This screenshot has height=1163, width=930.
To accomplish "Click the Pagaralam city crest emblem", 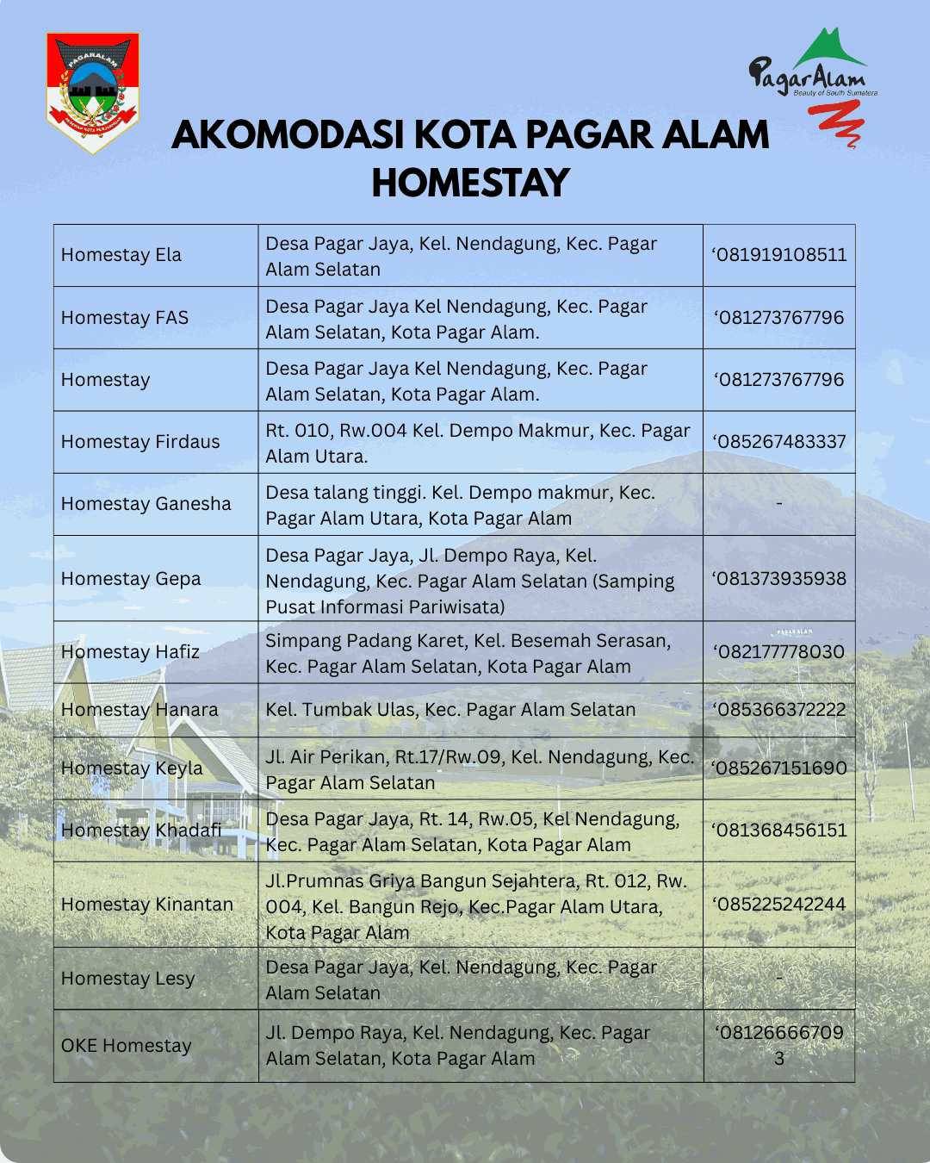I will click(x=92, y=92).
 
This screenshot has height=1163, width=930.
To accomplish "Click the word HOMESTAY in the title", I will click(x=470, y=183).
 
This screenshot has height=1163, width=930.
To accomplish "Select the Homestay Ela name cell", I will click(x=121, y=255).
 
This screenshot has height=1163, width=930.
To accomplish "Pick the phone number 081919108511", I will click(x=779, y=255).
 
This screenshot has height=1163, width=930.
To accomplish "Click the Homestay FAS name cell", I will click(x=125, y=318).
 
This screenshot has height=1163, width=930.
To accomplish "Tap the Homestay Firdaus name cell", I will click(x=140, y=442).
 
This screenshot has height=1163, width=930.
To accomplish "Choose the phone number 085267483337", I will click(x=779, y=442).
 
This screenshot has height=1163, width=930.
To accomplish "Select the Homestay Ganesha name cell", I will click(x=146, y=504).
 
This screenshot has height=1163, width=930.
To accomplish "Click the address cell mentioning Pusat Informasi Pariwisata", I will click(x=470, y=581).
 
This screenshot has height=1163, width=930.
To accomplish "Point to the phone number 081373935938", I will click(x=779, y=579).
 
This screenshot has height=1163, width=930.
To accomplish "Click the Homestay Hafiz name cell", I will click(x=130, y=652).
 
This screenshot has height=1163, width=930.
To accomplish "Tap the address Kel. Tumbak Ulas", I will click(x=450, y=710).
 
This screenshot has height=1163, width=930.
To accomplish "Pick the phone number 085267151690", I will click(x=779, y=768).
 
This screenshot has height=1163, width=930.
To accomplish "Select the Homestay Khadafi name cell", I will click(x=141, y=830).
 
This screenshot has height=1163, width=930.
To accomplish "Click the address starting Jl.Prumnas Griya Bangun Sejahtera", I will click(x=476, y=906).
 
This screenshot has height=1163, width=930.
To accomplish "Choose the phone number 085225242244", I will click(x=779, y=905).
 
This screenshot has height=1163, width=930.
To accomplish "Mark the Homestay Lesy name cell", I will click(x=128, y=979).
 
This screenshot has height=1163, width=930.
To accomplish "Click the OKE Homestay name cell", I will click(x=127, y=1046).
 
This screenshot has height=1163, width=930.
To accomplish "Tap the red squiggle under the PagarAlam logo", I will click(x=836, y=123).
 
